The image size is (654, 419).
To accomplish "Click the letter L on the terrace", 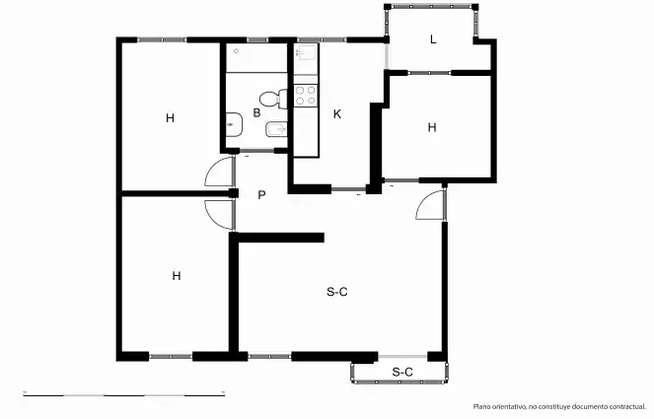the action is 433,39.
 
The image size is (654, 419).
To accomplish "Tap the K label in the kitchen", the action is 337,113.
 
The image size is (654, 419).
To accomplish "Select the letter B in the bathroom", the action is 256,112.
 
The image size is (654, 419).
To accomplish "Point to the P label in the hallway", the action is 261,194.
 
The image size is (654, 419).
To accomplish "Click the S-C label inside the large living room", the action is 337,292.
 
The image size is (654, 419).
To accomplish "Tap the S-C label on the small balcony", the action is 402,372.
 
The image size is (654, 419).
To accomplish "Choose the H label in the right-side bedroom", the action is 432,127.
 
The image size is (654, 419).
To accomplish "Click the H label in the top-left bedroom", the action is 170,118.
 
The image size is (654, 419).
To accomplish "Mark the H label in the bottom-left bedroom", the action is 177,276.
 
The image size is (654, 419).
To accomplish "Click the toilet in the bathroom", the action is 273,100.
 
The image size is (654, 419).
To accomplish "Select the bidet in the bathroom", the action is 276,130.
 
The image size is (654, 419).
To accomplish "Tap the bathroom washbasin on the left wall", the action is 235,125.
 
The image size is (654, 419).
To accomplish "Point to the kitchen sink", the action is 307,52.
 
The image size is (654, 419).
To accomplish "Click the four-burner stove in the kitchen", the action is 306,95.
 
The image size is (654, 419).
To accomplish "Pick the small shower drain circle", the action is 237,51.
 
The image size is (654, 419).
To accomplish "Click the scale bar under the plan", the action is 124,394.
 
